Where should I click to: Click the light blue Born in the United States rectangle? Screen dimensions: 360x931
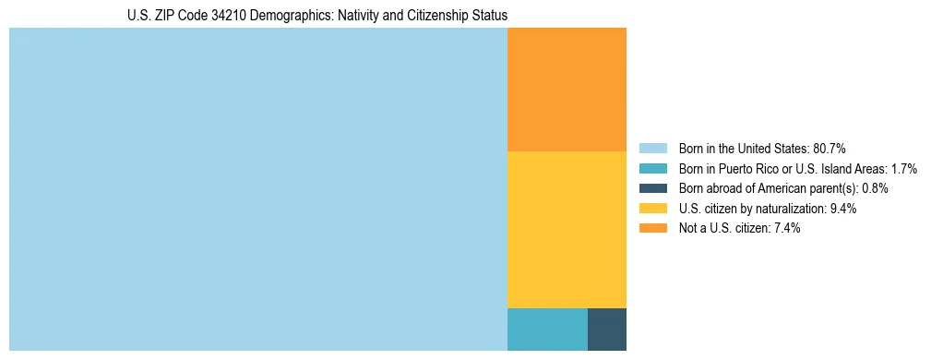tap(258, 189)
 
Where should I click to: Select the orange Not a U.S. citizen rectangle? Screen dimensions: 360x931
tap(567, 90)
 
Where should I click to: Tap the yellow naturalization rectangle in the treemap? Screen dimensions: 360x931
tap(567, 229)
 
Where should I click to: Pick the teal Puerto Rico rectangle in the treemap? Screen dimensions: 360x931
tap(547, 330)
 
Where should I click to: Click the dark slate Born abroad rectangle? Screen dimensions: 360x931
tap(607, 330)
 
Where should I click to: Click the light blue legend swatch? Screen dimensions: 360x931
tap(653, 149)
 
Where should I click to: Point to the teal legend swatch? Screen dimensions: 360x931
tap(653, 169)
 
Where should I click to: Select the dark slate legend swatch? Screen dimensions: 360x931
tap(653, 188)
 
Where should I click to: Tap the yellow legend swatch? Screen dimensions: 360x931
tap(653, 209)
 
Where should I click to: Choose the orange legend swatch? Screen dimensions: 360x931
tap(653, 228)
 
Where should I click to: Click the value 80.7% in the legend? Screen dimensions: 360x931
tap(830, 149)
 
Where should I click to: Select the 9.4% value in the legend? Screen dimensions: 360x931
tap(843, 209)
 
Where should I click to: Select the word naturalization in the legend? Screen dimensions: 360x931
tap(790, 209)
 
